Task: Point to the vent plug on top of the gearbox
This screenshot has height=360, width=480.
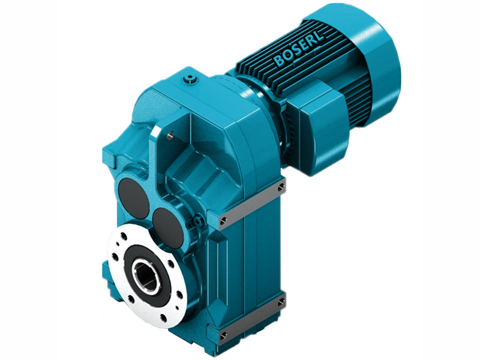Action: (x=191, y=79)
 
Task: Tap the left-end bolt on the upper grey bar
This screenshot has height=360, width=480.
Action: (x=223, y=222)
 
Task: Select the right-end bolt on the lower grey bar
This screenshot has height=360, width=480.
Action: (x=280, y=304)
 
